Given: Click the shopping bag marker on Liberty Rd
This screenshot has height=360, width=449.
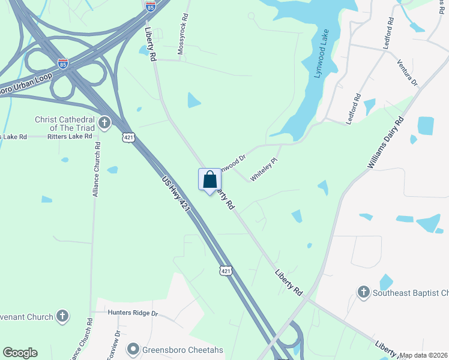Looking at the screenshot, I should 209,180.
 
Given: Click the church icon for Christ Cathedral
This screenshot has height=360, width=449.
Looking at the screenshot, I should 104,124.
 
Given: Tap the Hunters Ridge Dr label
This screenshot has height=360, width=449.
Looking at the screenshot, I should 133,313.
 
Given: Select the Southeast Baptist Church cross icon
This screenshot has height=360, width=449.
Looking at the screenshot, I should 363,293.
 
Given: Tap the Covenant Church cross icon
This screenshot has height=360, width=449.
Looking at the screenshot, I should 62,316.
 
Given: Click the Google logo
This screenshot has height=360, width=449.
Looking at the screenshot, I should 20,353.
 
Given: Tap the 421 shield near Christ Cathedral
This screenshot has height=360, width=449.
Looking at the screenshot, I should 128,138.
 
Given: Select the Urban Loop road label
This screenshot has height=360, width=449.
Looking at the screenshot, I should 27,80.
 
